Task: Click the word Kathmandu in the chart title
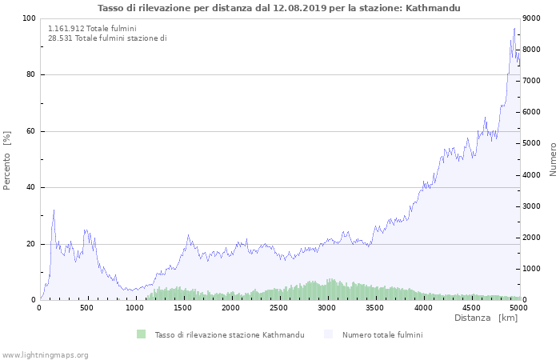[435, 8]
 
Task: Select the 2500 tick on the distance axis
[279, 308]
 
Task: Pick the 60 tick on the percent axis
[31, 131]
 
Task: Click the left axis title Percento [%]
[8, 160]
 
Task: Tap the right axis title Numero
[553, 159]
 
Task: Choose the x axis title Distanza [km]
[486, 318]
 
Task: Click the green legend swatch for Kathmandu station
[142, 334]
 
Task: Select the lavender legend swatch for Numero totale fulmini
[329, 334]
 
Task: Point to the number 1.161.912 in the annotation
[66, 29]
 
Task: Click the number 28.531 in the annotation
[60, 38]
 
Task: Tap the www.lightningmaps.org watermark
[45, 354]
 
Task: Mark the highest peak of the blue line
[514, 28]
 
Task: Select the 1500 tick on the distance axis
[183, 308]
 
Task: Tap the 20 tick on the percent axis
[31, 244]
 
